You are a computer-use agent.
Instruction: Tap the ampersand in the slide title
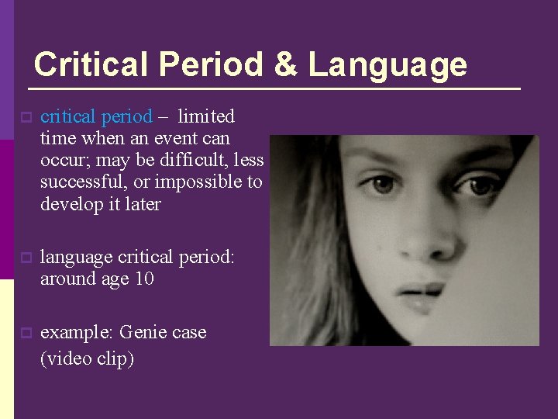tap(285, 64)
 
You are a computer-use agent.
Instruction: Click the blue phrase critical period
tap(96, 116)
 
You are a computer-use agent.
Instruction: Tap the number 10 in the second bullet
tap(143, 279)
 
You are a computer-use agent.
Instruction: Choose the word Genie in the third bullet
tap(144, 332)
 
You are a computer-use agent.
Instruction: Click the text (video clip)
tap(87, 358)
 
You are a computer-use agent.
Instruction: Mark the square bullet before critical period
tap(26, 118)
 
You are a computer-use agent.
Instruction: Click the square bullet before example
tap(26, 334)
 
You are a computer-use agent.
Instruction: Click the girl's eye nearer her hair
tap(382, 185)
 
